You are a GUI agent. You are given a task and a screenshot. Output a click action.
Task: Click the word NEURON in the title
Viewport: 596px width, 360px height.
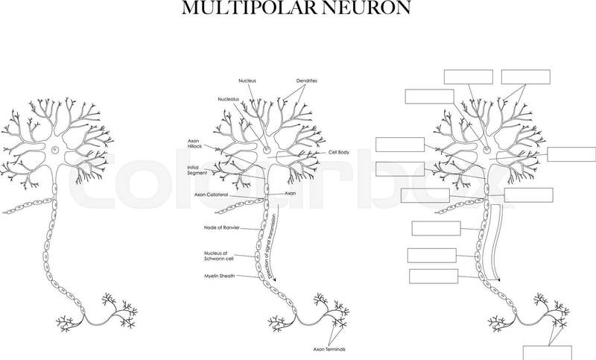tap(367, 7)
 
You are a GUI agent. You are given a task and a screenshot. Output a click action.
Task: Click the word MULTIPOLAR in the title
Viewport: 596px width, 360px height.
tap(250, 7)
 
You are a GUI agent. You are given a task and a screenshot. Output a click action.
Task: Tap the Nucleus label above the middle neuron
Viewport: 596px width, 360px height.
tap(247, 80)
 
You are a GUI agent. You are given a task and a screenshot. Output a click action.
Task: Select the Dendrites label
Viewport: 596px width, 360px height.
tap(307, 80)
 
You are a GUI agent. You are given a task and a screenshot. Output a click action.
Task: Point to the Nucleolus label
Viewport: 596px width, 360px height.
tap(229, 99)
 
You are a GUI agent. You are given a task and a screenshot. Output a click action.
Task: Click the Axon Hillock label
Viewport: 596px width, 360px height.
tap(194, 144)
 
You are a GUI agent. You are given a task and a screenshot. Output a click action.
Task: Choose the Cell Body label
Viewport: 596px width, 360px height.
tap(339, 152)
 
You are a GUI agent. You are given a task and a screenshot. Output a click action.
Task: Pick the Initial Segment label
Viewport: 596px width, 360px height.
tap(197, 170)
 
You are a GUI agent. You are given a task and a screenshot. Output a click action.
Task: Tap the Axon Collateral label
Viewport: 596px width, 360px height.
tap(211, 195)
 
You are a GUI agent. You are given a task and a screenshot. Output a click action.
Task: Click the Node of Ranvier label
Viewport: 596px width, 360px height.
tap(221, 228)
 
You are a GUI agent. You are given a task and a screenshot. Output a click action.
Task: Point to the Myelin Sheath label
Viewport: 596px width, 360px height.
tap(219, 276)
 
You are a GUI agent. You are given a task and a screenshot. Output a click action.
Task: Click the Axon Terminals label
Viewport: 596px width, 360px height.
tap(329, 349)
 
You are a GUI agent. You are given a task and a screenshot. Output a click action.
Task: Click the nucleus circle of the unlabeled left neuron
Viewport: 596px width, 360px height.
tap(55, 149)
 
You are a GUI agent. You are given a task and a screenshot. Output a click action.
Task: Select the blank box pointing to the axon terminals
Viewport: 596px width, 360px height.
tap(548, 353)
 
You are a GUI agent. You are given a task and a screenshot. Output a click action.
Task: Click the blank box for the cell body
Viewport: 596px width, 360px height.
tap(571, 154)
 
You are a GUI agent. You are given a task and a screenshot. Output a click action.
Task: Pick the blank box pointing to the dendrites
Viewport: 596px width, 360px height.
tap(526, 77)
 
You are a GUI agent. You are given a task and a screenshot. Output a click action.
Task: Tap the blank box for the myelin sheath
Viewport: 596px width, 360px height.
tap(434, 277)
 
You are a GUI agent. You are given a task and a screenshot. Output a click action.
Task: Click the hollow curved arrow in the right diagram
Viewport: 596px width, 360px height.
tap(495, 243)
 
